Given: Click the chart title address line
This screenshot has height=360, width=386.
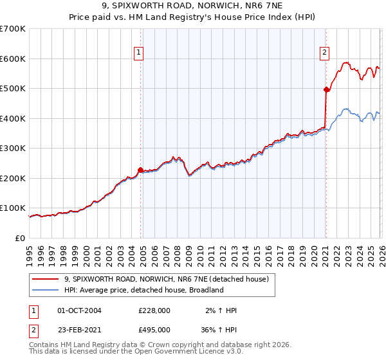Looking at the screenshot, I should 193,7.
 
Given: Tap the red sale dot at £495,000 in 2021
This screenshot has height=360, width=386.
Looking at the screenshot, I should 326,90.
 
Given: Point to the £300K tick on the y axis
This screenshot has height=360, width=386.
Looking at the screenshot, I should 14,148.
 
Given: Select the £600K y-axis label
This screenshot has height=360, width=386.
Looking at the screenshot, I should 14,59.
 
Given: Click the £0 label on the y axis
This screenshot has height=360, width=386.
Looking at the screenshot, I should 21,239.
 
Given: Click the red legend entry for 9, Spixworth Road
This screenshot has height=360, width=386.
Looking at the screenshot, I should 170,279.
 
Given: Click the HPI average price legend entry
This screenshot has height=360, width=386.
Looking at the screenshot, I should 143,290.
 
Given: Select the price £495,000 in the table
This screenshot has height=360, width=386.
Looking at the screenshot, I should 154,329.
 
